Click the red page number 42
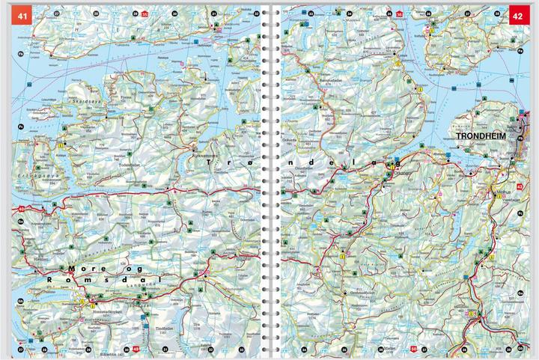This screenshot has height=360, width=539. tap(519, 14)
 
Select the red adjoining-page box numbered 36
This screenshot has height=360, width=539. tap(399, 13)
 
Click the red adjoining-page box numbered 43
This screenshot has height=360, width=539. tap(520, 186)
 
